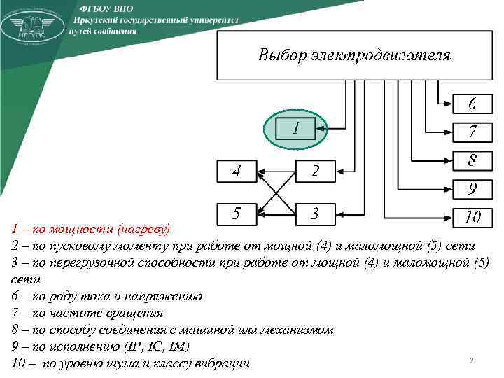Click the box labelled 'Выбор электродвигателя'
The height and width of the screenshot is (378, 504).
pos(355,55)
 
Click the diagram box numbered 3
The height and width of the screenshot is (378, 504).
pos(315,214)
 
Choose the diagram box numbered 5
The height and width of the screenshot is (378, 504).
pos(237,214)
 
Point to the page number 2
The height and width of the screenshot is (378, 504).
pos(471,360)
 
